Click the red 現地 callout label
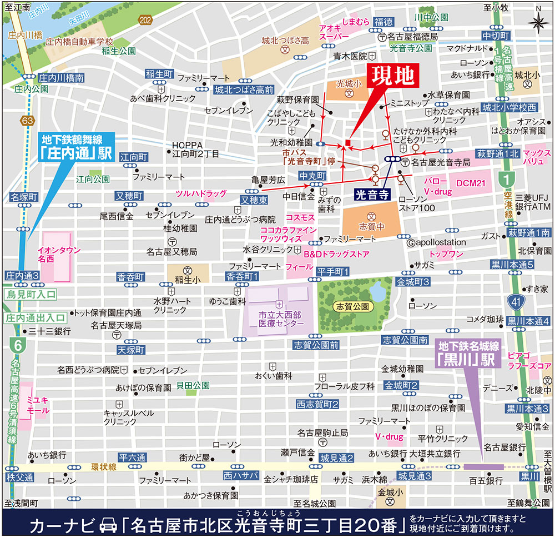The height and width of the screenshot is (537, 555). [x=393, y=77]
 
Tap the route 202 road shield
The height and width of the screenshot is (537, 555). [x=146, y=20]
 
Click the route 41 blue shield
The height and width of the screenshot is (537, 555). [x=517, y=302]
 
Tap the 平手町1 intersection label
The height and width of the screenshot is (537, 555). [x=332, y=271]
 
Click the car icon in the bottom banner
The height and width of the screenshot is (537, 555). [x=105, y=523]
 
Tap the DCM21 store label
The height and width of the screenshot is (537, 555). [x=471, y=183]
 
